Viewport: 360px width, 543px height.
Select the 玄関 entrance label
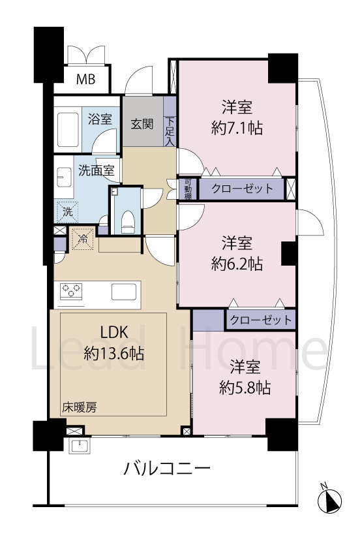(x=142, y=123)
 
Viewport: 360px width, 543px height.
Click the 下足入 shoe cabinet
(x=170, y=131)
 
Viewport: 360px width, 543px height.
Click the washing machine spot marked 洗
(x=67, y=211)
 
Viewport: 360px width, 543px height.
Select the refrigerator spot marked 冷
(x=83, y=238)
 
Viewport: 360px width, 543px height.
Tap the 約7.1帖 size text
(x=237, y=129)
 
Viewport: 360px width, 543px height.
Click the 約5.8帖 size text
(x=244, y=388)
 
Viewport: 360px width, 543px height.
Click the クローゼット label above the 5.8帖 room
(x=260, y=320)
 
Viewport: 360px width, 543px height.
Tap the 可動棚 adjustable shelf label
(x=187, y=189)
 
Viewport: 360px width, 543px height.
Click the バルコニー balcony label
(x=166, y=469)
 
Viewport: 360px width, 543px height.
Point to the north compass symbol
(x=330, y=499)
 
